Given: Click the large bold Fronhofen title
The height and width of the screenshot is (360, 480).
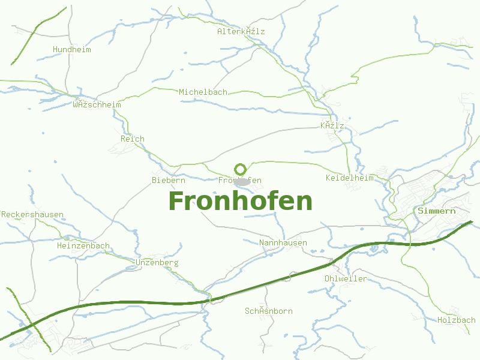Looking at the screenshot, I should (x=241, y=201).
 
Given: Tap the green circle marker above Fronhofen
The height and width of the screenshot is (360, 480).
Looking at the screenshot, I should (x=241, y=169).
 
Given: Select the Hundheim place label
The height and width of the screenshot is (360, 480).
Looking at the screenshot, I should (x=72, y=49).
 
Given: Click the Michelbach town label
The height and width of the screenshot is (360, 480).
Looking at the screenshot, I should (x=203, y=92).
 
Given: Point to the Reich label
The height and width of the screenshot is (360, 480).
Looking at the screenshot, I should (x=133, y=139).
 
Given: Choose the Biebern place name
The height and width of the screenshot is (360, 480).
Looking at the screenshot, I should (x=169, y=180).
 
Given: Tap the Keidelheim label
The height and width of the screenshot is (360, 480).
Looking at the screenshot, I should (x=349, y=178).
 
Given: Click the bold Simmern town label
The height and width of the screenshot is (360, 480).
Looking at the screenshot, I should (x=437, y=211).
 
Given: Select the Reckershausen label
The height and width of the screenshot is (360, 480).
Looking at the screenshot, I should (x=32, y=214).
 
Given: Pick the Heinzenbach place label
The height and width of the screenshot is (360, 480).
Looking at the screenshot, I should (x=83, y=245).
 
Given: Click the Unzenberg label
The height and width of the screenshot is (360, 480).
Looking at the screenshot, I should (x=157, y=263).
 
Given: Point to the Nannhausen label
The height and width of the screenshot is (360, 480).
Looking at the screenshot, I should (x=283, y=243).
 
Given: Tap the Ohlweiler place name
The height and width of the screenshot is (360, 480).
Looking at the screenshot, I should (x=346, y=278).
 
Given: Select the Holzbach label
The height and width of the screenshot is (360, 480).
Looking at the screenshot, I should (x=457, y=320).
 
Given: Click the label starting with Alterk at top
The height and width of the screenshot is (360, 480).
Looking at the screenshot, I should (x=241, y=31).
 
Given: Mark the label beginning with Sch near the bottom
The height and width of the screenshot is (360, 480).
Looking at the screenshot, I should (x=269, y=311).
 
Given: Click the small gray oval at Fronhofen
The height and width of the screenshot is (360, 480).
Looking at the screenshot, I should (x=242, y=181).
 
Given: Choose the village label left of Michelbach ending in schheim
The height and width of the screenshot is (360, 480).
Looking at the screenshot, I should (x=97, y=104).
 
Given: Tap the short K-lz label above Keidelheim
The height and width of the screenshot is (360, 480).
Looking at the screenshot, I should (x=332, y=125).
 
